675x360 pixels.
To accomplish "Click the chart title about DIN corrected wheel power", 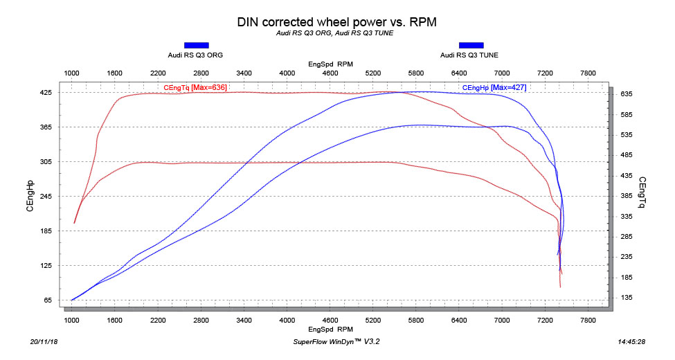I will coord(337,21).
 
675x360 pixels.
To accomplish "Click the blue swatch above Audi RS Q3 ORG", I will coord(196,45).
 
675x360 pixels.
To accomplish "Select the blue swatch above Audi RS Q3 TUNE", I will coord(471,45).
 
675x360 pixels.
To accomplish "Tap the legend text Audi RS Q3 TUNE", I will coord(469,55).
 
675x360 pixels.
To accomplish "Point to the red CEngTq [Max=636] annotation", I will coord(195,87).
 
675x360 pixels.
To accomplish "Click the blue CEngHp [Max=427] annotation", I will coord(493,87).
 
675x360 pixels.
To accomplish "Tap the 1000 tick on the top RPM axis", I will coord(71,73).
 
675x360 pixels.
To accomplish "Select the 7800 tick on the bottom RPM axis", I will coord(588,321).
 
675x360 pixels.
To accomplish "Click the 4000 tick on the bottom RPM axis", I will coord(287,321).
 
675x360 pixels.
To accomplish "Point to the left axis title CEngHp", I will coord(30,196).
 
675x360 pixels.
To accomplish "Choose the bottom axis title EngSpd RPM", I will coord(331,330).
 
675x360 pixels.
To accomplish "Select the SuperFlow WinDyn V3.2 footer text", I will coord(337,342).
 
